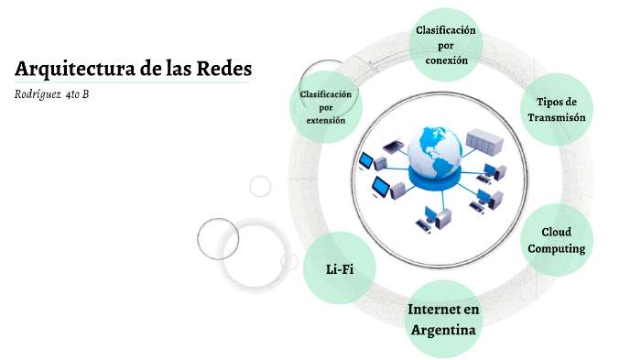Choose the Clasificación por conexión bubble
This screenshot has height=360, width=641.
[446, 45]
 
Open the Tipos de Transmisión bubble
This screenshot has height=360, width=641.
[557, 109]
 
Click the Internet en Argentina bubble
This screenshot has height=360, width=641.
[443, 319]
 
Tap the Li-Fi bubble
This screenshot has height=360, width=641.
[339, 268]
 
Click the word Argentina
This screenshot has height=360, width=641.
[443, 330]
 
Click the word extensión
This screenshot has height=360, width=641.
[326, 120]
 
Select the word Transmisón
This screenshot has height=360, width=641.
[557, 117]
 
